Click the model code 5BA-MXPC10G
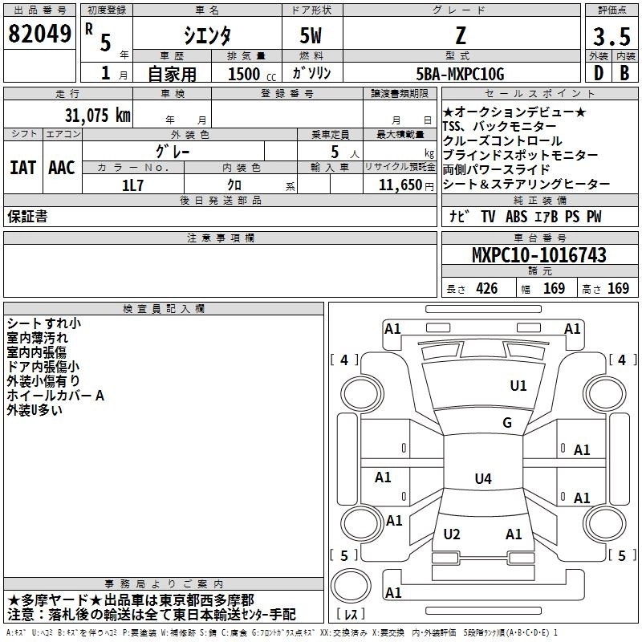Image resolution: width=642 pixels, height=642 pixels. (461, 74)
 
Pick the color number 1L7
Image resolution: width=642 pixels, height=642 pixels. (133, 185)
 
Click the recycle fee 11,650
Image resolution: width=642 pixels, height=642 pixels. (396, 185)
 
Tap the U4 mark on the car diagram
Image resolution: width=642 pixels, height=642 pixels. (482, 479)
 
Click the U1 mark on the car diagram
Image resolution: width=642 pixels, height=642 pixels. (518, 386)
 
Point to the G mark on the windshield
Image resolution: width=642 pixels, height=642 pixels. (506, 423)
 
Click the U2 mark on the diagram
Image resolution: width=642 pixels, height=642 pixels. (452, 534)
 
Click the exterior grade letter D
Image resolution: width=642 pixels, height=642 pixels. (597, 74)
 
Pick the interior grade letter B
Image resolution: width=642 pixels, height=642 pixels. (624, 74)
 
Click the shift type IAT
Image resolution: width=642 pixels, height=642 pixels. (23, 168)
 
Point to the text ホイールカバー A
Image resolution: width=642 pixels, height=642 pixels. (55, 396)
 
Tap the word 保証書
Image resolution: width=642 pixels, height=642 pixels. (27, 217)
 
